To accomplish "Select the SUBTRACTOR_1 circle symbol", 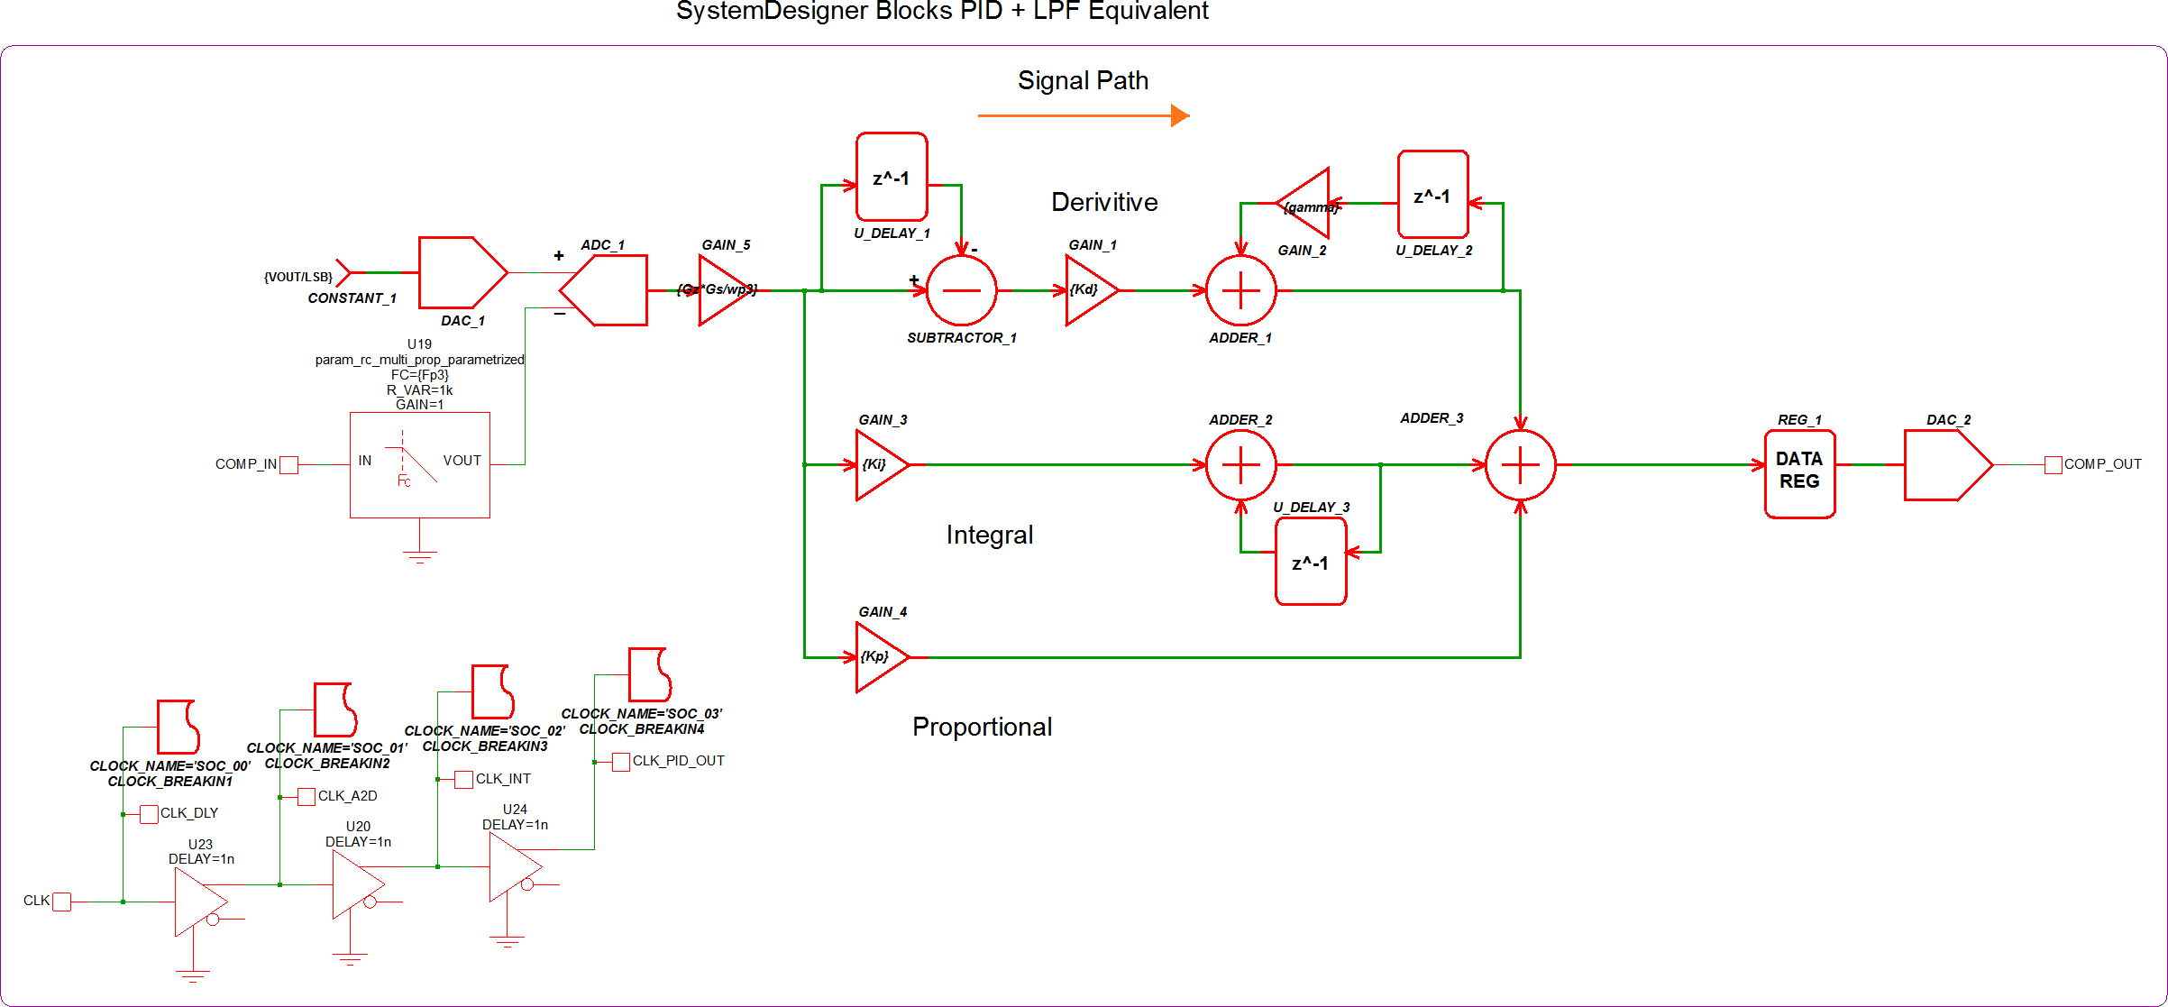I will point(961,290).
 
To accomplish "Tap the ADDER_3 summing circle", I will point(1520,465).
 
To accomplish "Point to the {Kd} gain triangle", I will point(1089,290).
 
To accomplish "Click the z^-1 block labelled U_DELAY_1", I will point(892,177).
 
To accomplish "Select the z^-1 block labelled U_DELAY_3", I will point(1311,563).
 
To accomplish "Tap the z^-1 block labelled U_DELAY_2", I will point(1432,195).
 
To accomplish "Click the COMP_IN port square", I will point(288,465).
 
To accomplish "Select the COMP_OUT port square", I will point(2053,465).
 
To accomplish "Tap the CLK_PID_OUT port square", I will point(620,762).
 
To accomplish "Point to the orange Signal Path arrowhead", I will point(1180,115).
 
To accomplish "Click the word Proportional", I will point(982,727).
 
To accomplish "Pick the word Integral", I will point(989,535).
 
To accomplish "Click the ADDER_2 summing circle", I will point(1240,465).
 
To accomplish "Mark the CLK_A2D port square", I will point(306,797).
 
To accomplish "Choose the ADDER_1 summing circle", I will point(1240,290).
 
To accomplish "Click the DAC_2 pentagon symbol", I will point(1945,465).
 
